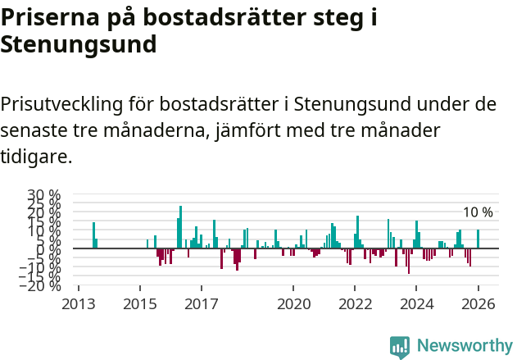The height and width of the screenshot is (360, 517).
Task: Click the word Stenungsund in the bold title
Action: [78, 45]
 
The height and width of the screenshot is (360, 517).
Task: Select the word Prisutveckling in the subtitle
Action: [61, 105]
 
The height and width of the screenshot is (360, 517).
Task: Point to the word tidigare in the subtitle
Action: [36, 156]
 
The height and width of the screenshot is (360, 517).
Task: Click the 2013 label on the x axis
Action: [79, 304]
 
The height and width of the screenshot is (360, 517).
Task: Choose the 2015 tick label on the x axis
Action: [140, 304]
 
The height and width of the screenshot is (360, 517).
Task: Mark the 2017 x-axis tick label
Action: [202, 304]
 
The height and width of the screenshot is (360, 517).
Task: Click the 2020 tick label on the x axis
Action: [293, 304]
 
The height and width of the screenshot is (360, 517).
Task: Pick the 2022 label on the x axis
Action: [356, 304]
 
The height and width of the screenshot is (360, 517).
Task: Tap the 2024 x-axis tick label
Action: [417, 304]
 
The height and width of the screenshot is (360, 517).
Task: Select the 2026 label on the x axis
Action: [478, 304]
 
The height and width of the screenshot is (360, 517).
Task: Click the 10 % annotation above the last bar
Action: [478, 212]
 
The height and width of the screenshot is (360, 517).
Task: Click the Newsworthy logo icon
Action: [400, 347]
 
